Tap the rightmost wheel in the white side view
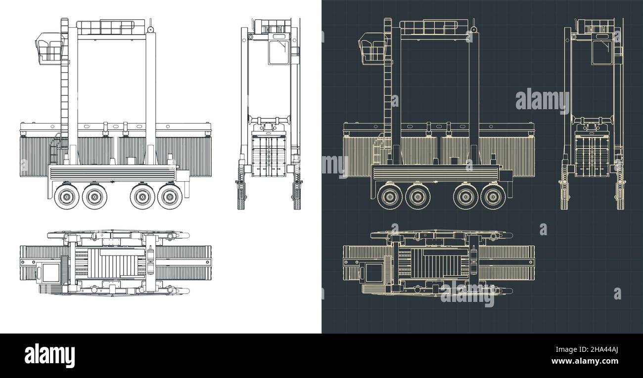click(x=170, y=197)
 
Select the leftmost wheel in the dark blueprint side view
click(x=390, y=197)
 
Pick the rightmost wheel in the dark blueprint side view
click(x=493, y=197)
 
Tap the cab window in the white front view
click(x=278, y=52)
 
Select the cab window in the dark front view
click(x=601, y=52)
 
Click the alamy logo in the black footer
click(x=49, y=355)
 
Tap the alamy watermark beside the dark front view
click(x=542, y=100)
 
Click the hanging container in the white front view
click(x=269, y=156)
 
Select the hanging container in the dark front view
click(x=593, y=156)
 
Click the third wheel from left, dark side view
click(x=465, y=197)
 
